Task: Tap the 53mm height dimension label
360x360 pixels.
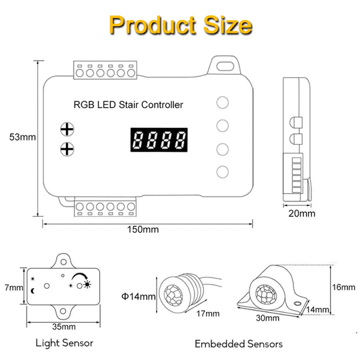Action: click(21, 137)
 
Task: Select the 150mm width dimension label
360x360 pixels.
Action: click(143, 229)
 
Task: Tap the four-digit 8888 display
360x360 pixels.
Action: click(159, 141)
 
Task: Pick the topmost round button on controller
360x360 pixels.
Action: click(223, 103)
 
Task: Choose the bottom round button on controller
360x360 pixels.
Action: click(223, 171)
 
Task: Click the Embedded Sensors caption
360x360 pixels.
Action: click(239, 344)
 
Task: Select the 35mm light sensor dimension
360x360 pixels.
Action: click(64, 327)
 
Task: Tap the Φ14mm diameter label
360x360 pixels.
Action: click(139, 296)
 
